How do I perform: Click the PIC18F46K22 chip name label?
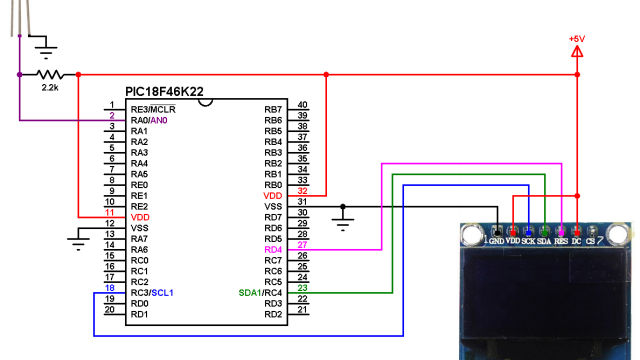tap(164, 92)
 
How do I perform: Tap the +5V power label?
tap(577, 39)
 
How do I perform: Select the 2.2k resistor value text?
tap(49, 89)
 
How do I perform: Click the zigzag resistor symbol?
tap(49, 74)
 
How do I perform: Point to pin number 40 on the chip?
tap(302, 104)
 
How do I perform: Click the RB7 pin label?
tap(272, 109)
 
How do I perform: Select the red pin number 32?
tap(302, 191)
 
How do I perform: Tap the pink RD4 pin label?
tap(272, 250)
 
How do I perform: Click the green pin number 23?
tap(302, 288)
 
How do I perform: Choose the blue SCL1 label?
tap(162, 293)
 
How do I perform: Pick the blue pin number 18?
tap(110, 288)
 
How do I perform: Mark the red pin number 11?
tap(110, 212)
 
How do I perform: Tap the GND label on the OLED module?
tap(497, 241)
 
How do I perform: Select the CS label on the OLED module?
tap(591, 241)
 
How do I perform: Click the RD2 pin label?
tap(272, 315)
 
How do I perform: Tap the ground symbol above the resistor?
tap(45, 42)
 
